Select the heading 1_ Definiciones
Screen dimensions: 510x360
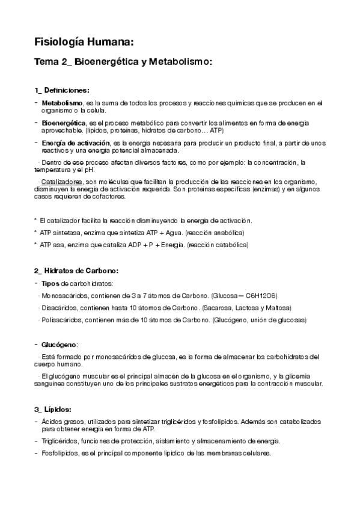coord(62,90)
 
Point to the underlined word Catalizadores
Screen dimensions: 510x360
coord(61,182)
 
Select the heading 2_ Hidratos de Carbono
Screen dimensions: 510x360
coord(76,271)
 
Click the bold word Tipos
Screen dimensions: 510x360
coord(51,283)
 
